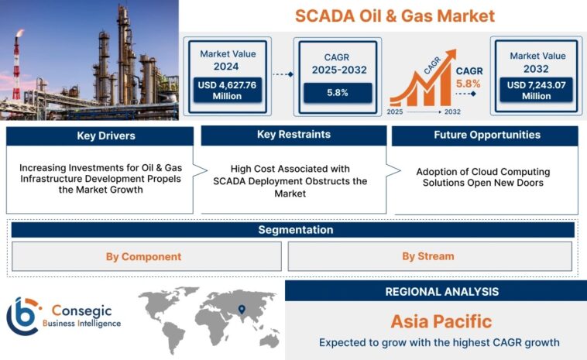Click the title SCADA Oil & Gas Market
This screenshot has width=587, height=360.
click(384, 15)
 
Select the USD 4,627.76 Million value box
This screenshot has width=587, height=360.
click(228, 90)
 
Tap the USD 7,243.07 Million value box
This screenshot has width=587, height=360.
click(535, 90)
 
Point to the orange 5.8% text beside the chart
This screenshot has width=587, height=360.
click(469, 82)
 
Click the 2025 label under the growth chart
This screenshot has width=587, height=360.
click(396, 111)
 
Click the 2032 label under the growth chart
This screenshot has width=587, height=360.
click(452, 111)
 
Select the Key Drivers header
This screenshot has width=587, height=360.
click(100, 136)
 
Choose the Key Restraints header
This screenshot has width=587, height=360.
click(293, 135)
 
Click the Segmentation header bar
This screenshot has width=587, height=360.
click(293, 230)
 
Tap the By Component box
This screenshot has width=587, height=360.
click(143, 256)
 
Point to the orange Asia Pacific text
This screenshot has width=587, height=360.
click(441, 321)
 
